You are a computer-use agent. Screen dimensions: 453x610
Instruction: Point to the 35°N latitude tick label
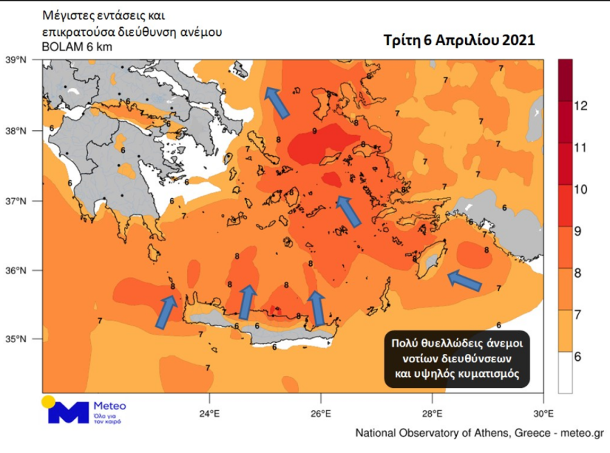[15, 339]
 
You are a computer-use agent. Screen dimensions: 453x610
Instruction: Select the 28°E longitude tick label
[432, 415]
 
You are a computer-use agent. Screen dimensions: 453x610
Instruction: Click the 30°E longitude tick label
[543, 415]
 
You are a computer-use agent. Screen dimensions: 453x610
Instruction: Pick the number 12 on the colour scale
[581, 105]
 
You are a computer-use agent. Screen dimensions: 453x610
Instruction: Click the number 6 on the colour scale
[577, 356]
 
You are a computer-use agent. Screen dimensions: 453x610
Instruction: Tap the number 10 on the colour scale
[581, 189]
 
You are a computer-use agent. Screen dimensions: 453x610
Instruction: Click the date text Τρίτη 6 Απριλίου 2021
[459, 41]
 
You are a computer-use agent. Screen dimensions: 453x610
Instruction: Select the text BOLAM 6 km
[76, 46]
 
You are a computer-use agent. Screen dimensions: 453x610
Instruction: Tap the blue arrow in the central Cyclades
[349, 211]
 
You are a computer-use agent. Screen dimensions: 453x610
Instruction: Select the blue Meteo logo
[67, 411]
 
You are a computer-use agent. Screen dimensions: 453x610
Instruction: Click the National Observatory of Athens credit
[478, 434]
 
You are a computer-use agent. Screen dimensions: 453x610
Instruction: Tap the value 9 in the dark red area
[315, 131]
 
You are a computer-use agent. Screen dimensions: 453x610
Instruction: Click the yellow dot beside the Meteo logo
[48, 402]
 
